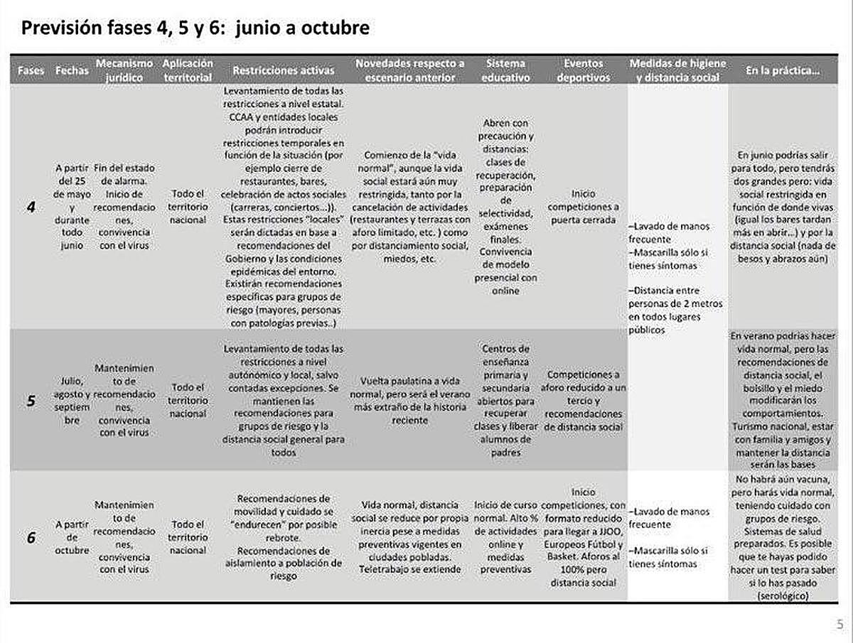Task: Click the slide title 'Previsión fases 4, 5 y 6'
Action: [195, 28]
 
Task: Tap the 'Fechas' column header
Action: [72, 71]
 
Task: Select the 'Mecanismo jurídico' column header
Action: [125, 70]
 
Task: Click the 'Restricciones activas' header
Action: [283, 71]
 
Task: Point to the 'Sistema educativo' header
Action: [506, 70]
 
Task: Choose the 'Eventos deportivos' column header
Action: [583, 70]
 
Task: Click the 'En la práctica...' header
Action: [780, 71]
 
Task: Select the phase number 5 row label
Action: [31, 401]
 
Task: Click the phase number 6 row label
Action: [31, 537]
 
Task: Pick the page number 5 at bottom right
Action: [839, 625]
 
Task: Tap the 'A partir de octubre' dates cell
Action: [72, 537]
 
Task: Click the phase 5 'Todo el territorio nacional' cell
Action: [188, 400]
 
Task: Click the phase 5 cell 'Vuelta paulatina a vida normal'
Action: [411, 399]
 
